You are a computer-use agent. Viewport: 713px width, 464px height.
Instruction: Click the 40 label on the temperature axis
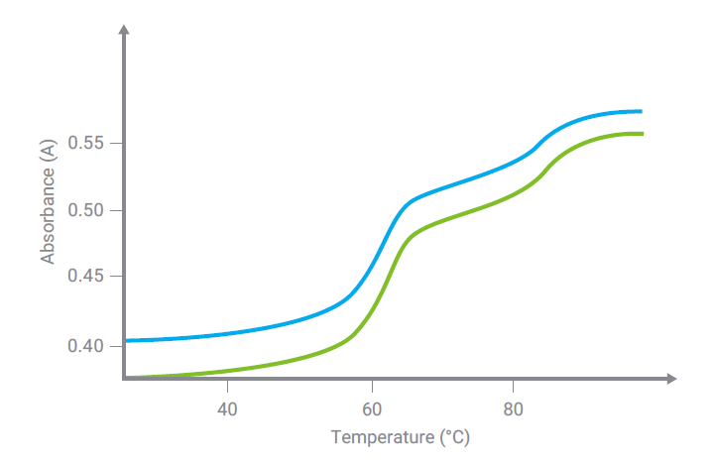pos(227,410)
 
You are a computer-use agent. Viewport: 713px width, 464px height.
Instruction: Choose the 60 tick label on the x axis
pos(372,410)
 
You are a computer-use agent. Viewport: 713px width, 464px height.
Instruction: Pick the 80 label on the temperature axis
pos(513,410)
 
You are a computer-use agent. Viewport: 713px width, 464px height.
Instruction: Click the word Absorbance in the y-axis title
pos(47,216)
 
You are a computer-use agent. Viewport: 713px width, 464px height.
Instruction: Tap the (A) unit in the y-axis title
pos(47,151)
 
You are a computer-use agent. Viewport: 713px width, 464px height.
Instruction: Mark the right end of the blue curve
pos(641,111)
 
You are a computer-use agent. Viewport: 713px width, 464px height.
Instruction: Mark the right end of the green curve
pos(643,134)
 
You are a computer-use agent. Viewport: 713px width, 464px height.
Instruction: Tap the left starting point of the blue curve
pos(126,341)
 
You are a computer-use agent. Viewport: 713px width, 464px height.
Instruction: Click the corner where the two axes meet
pos(124,379)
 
